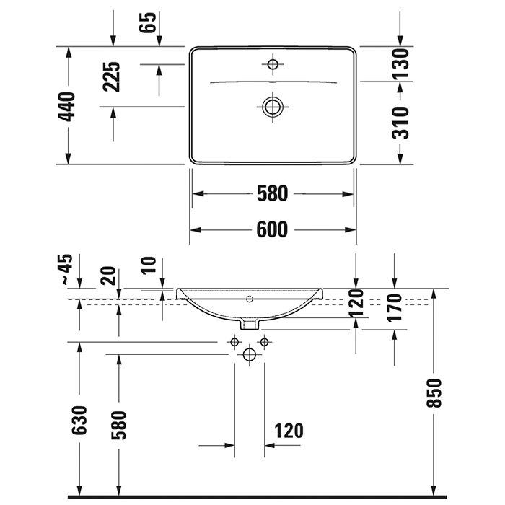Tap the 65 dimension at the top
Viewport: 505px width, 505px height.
tap(148, 23)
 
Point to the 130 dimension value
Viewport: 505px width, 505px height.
tap(401, 63)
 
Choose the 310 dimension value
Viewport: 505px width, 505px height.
tap(401, 122)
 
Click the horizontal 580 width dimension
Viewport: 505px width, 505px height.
tap(273, 193)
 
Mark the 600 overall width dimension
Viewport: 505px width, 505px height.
tap(273, 229)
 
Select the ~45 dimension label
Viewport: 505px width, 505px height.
tap(67, 269)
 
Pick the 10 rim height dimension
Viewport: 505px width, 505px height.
tap(149, 265)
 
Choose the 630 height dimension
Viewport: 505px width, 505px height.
tap(79, 421)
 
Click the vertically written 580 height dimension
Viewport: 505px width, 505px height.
tap(119, 425)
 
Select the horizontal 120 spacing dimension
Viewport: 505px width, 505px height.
tap(289, 431)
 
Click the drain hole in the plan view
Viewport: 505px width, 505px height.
tap(273, 107)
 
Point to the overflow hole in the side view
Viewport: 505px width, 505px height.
tap(250, 298)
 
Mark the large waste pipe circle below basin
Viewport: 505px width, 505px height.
tap(250, 354)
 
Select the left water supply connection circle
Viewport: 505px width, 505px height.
tap(234, 341)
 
